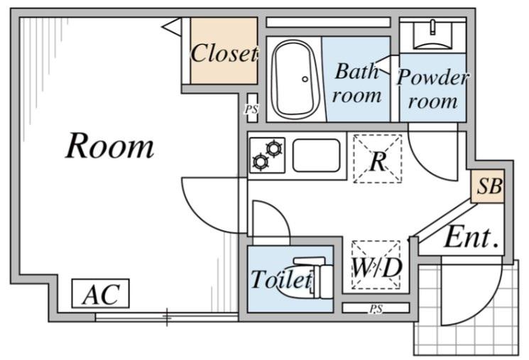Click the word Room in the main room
[x=110, y=146]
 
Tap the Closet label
[x=224, y=53]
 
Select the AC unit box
[x=101, y=293]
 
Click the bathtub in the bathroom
[x=295, y=79]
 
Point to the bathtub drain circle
[x=305, y=80]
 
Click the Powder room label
[x=433, y=89]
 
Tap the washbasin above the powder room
[x=433, y=35]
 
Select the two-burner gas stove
[x=267, y=155]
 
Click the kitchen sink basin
[x=316, y=156]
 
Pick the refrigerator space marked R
[x=378, y=158]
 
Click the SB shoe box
[x=488, y=186]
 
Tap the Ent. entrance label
[x=471, y=238]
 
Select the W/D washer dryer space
[x=376, y=265]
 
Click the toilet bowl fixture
[x=305, y=278]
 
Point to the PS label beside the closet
[x=251, y=109]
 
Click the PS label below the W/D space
[x=376, y=308]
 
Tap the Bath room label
[x=356, y=83]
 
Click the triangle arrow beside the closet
[x=173, y=26]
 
